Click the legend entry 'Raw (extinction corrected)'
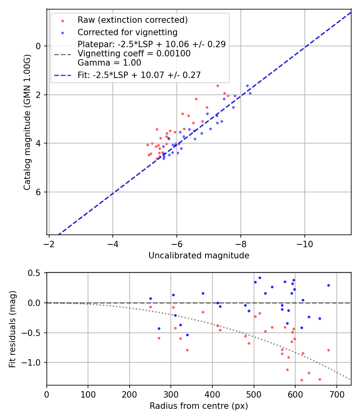coord(132,20)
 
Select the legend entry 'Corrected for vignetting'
coord(127,32)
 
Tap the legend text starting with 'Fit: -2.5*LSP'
coord(139,75)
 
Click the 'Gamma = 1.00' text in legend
coord(109,63)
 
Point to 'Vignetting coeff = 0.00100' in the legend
coord(134,54)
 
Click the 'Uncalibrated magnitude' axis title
coord(199,256)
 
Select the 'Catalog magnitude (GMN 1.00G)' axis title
coord(27,140)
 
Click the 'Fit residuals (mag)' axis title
coord(12,329)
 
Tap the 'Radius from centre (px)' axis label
coord(199,406)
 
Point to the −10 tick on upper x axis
coord(305,244)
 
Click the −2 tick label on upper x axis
coord(49,244)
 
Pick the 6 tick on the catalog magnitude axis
coord(38,192)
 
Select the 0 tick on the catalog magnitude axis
coord(38,46)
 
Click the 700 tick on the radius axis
coord(336,394)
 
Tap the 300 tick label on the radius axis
coord(130,394)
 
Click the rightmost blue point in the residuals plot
coord(328,285)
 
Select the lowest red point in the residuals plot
coord(302,380)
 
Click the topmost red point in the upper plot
coord(218,86)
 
